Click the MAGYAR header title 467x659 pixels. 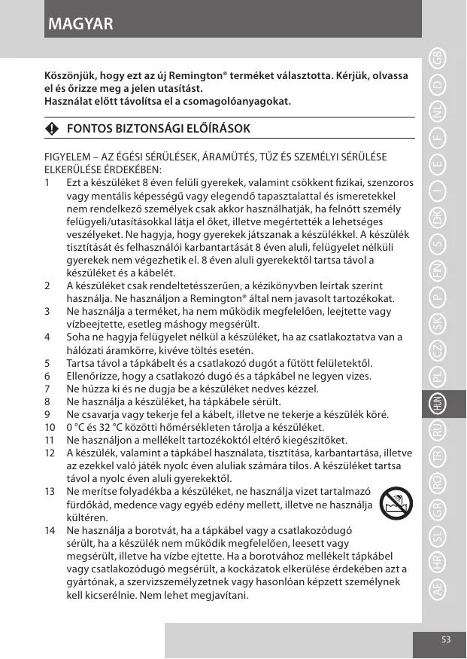point(80,24)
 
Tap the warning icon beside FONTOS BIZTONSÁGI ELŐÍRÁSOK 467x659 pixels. point(51,129)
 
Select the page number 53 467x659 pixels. point(446,639)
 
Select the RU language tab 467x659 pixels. point(437,432)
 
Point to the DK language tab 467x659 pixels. point(437,218)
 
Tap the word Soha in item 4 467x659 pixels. point(78,337)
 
